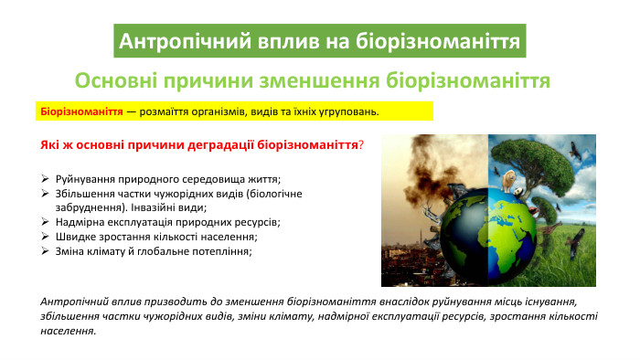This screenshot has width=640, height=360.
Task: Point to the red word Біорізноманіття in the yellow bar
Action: click(81, 111)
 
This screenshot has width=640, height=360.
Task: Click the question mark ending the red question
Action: click(361, 145)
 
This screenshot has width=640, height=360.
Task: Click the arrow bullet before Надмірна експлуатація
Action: click(46, 221)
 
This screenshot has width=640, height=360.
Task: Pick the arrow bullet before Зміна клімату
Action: click(46, 250)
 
